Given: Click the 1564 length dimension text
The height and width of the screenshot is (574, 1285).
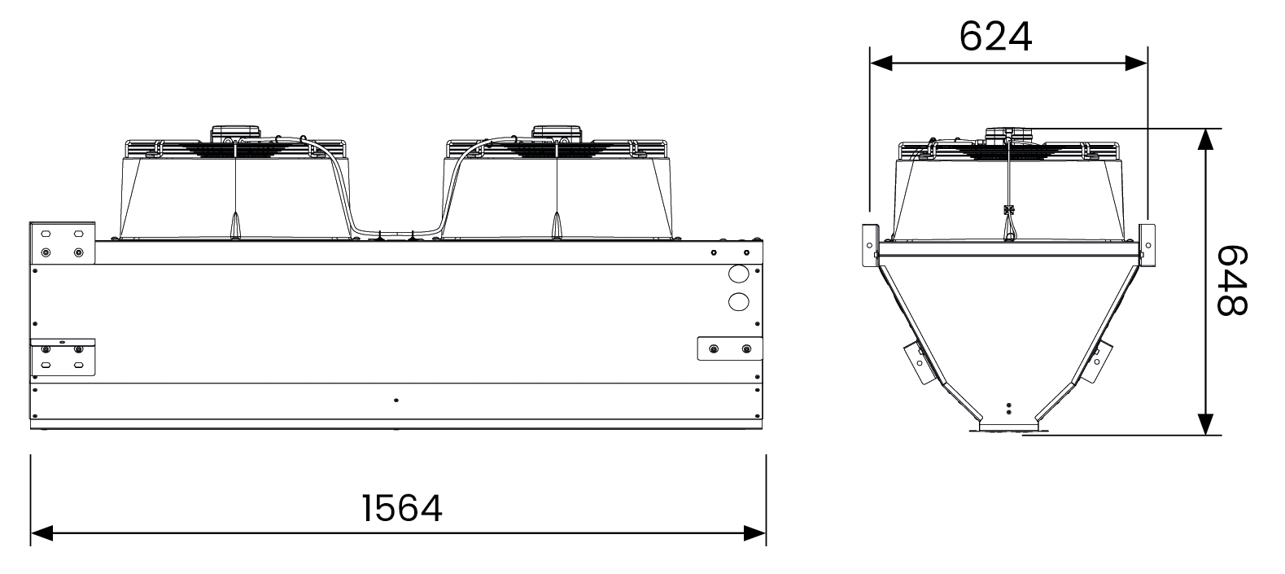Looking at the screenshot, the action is [402, 509].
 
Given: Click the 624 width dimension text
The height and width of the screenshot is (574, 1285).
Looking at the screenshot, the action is [995, 37].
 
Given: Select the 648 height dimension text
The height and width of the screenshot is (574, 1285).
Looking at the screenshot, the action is [1231, 281].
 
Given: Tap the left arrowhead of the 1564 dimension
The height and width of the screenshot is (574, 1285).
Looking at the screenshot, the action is [42, 533].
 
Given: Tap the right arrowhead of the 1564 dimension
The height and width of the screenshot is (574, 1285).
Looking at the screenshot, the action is [755, 533].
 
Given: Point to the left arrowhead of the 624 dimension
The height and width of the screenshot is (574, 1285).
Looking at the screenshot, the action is [881, 64].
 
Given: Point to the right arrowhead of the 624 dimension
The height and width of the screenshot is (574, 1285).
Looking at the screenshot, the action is [1136, 64].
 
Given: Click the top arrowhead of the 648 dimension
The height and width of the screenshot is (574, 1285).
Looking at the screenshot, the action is [1206, 140].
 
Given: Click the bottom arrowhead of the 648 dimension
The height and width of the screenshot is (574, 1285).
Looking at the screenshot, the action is [1206, 423].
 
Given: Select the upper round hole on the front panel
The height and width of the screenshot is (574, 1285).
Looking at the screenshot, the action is [739, 274].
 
